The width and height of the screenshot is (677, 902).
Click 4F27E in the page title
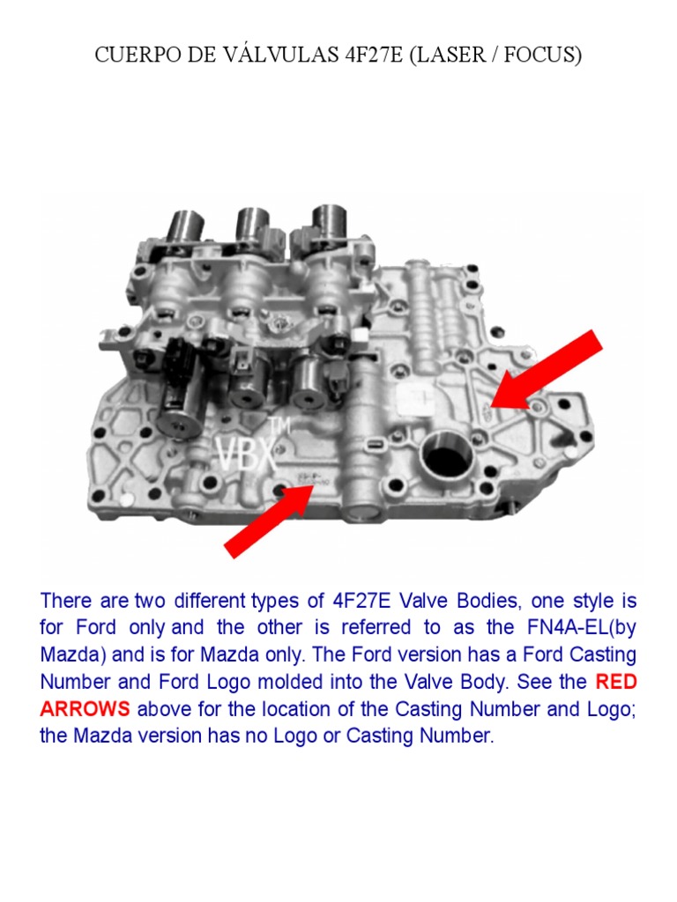[373, 55]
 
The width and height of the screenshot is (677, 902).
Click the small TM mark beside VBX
[280, 426]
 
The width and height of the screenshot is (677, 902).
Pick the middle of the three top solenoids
[253, 229]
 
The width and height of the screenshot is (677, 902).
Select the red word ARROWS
[85, 710]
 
